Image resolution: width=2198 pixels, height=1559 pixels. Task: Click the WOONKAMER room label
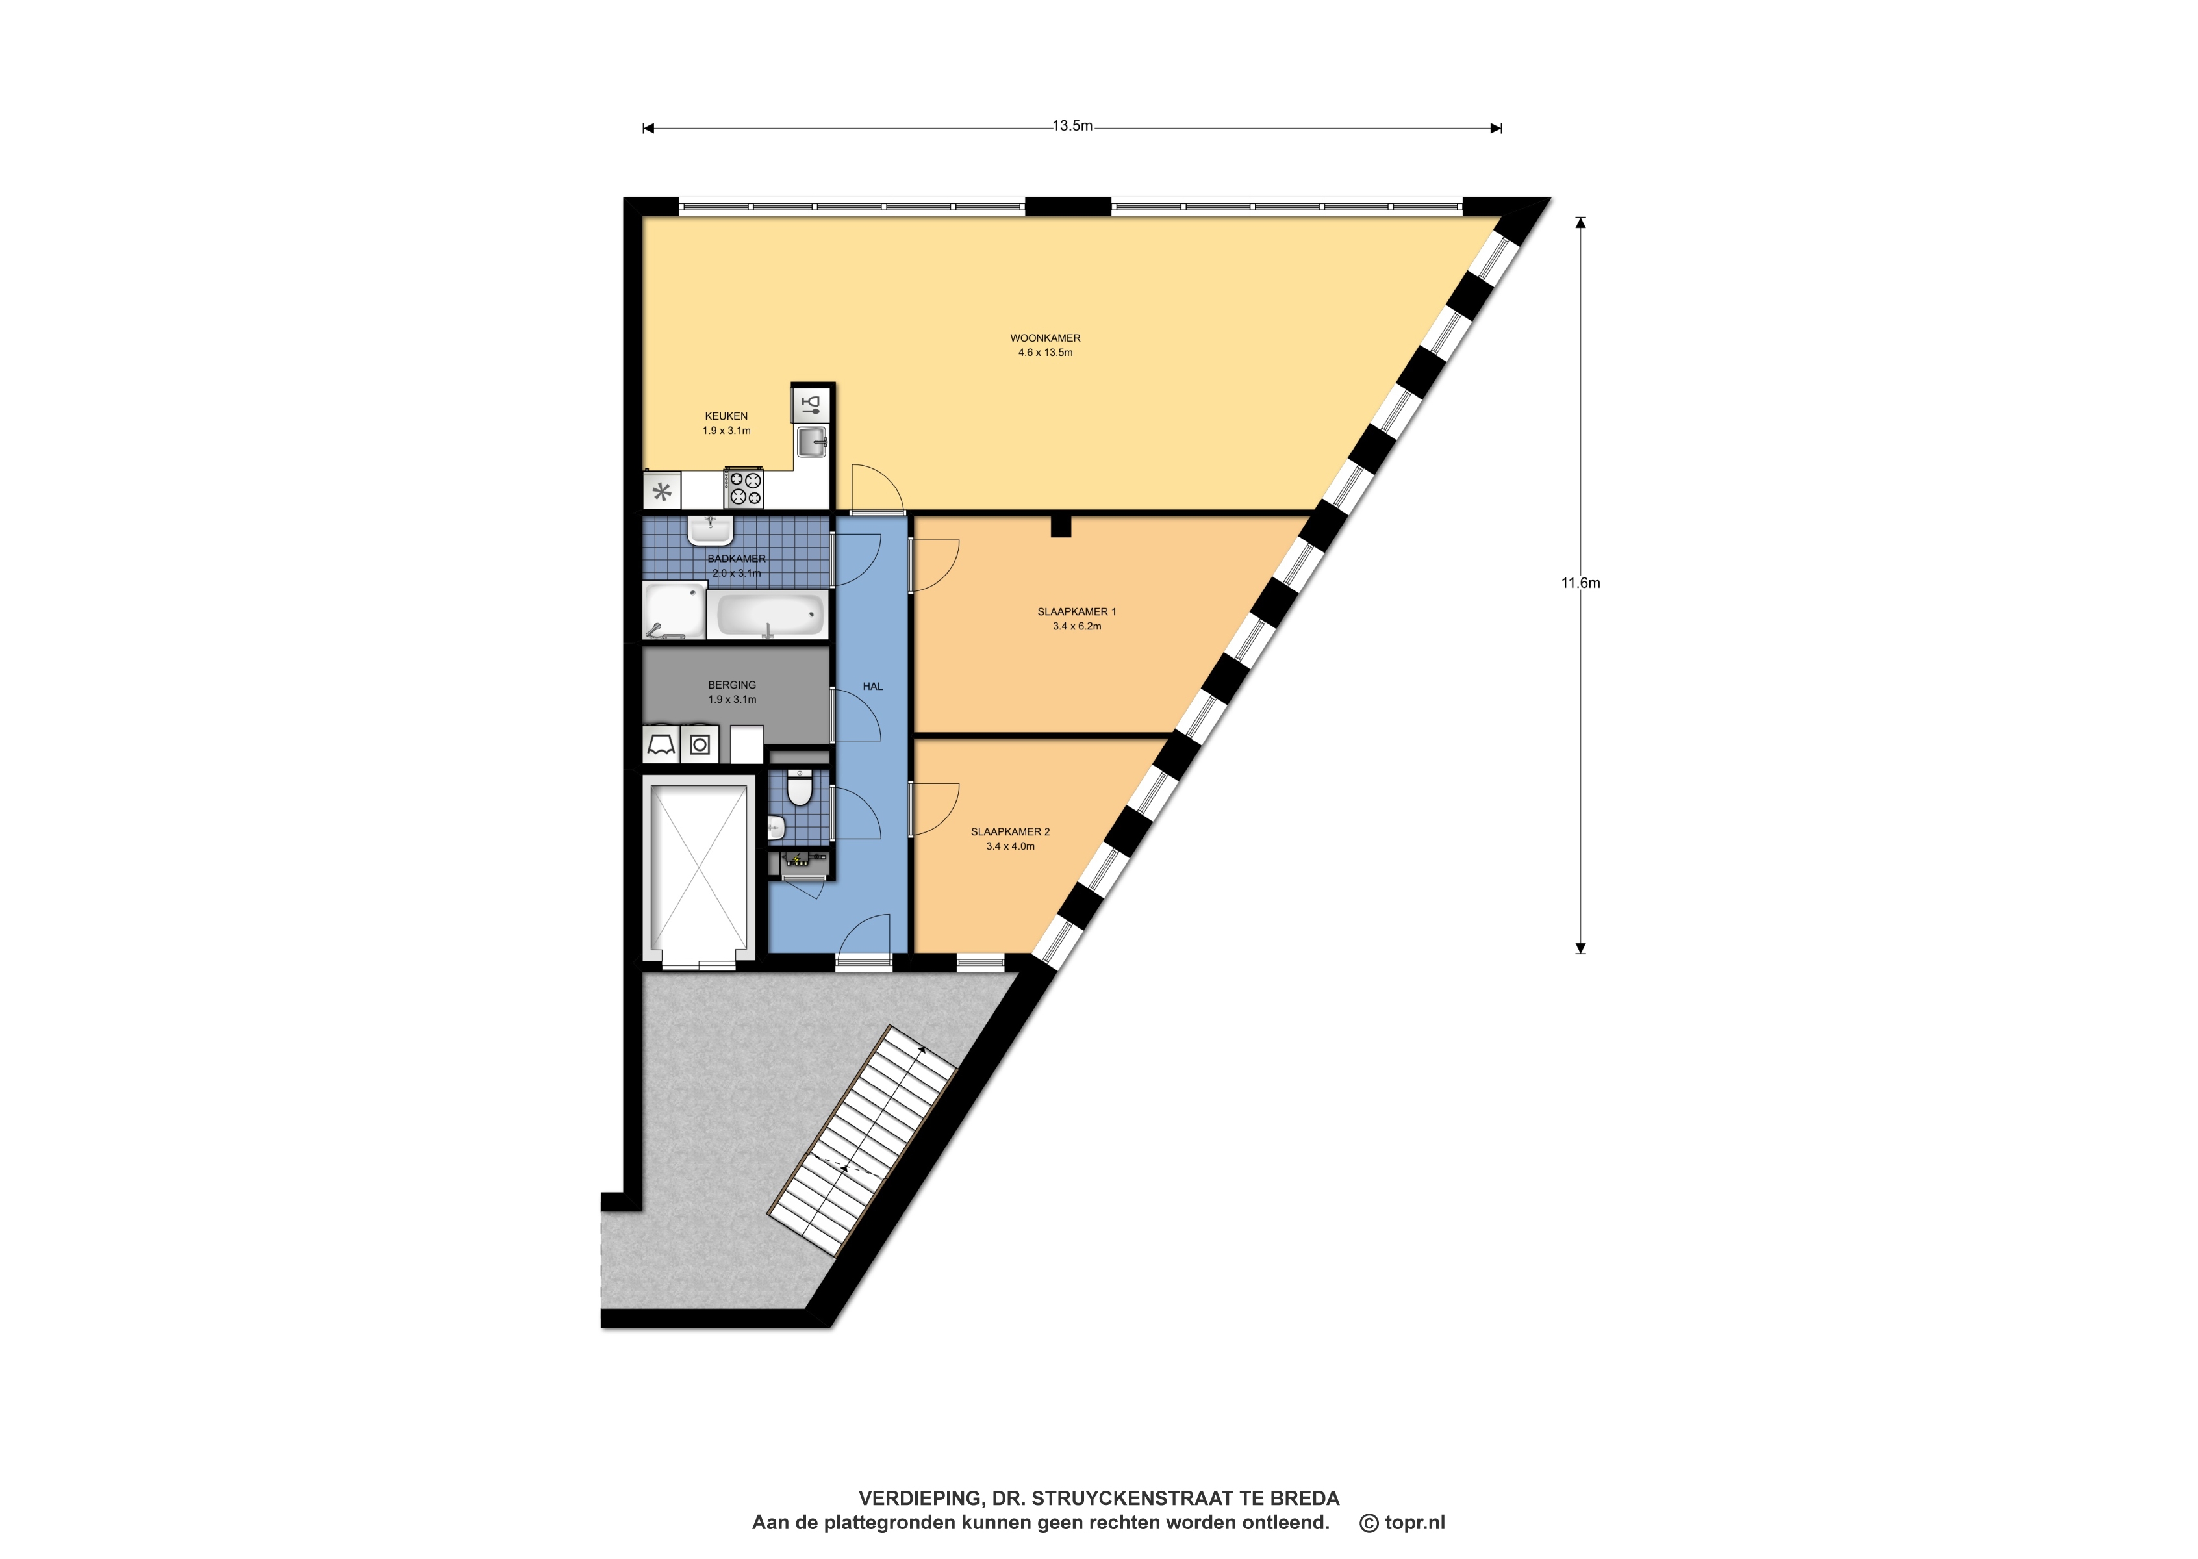coord(1045,338)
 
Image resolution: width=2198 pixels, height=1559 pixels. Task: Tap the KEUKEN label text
coord(727,416)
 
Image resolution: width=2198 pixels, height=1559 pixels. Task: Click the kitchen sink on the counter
coord(812,442)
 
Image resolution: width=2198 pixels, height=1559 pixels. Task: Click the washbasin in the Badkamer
coord(711,529)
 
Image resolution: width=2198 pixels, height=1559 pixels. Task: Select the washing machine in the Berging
coord(700,744)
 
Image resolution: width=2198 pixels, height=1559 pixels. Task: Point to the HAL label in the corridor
coord(872,687)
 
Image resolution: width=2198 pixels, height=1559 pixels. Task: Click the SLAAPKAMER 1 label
coord(1077,611)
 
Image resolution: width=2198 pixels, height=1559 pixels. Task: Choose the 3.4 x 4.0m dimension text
coord(1011,846)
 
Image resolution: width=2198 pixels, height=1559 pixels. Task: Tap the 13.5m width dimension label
coord(1072,126)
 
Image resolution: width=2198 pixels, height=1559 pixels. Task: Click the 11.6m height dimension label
coord(1581,583)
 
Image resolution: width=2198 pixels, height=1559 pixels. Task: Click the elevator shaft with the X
coord(700,870)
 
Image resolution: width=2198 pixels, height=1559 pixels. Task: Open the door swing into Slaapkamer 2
coord(934,807)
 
